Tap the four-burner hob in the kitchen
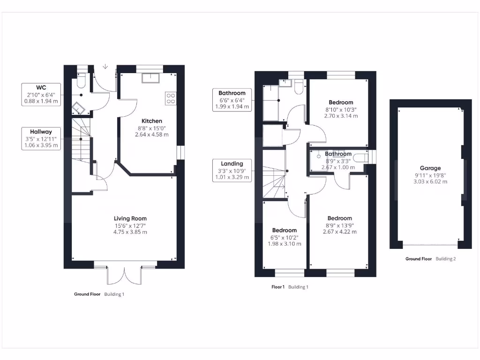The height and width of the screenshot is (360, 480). (x=171, y=98)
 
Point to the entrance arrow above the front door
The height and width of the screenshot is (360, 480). (x=105, y=67)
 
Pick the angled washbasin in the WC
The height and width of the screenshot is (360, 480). (x=78, y=109)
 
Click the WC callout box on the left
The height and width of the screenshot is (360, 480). (x=41, y=94)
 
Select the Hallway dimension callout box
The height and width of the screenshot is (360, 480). (x=41, y=138)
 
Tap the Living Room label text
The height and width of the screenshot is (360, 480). (x=130, y=218)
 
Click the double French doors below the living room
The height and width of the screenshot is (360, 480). (x=125, y=276)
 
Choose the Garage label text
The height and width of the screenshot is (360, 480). (x=430, y=168)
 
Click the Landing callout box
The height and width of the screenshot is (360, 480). (x=232, y=170)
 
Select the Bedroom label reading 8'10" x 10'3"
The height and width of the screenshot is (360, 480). (x=341, y=103)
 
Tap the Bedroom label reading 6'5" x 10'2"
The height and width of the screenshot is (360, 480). (x=285, y=230)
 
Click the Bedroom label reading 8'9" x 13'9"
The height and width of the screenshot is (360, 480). (x=340, y=218)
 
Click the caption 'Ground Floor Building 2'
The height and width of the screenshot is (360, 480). (x=430, y=259)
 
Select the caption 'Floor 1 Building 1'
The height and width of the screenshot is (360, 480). (x=290, y=287)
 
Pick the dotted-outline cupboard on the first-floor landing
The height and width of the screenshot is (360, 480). (x=272, y=136)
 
